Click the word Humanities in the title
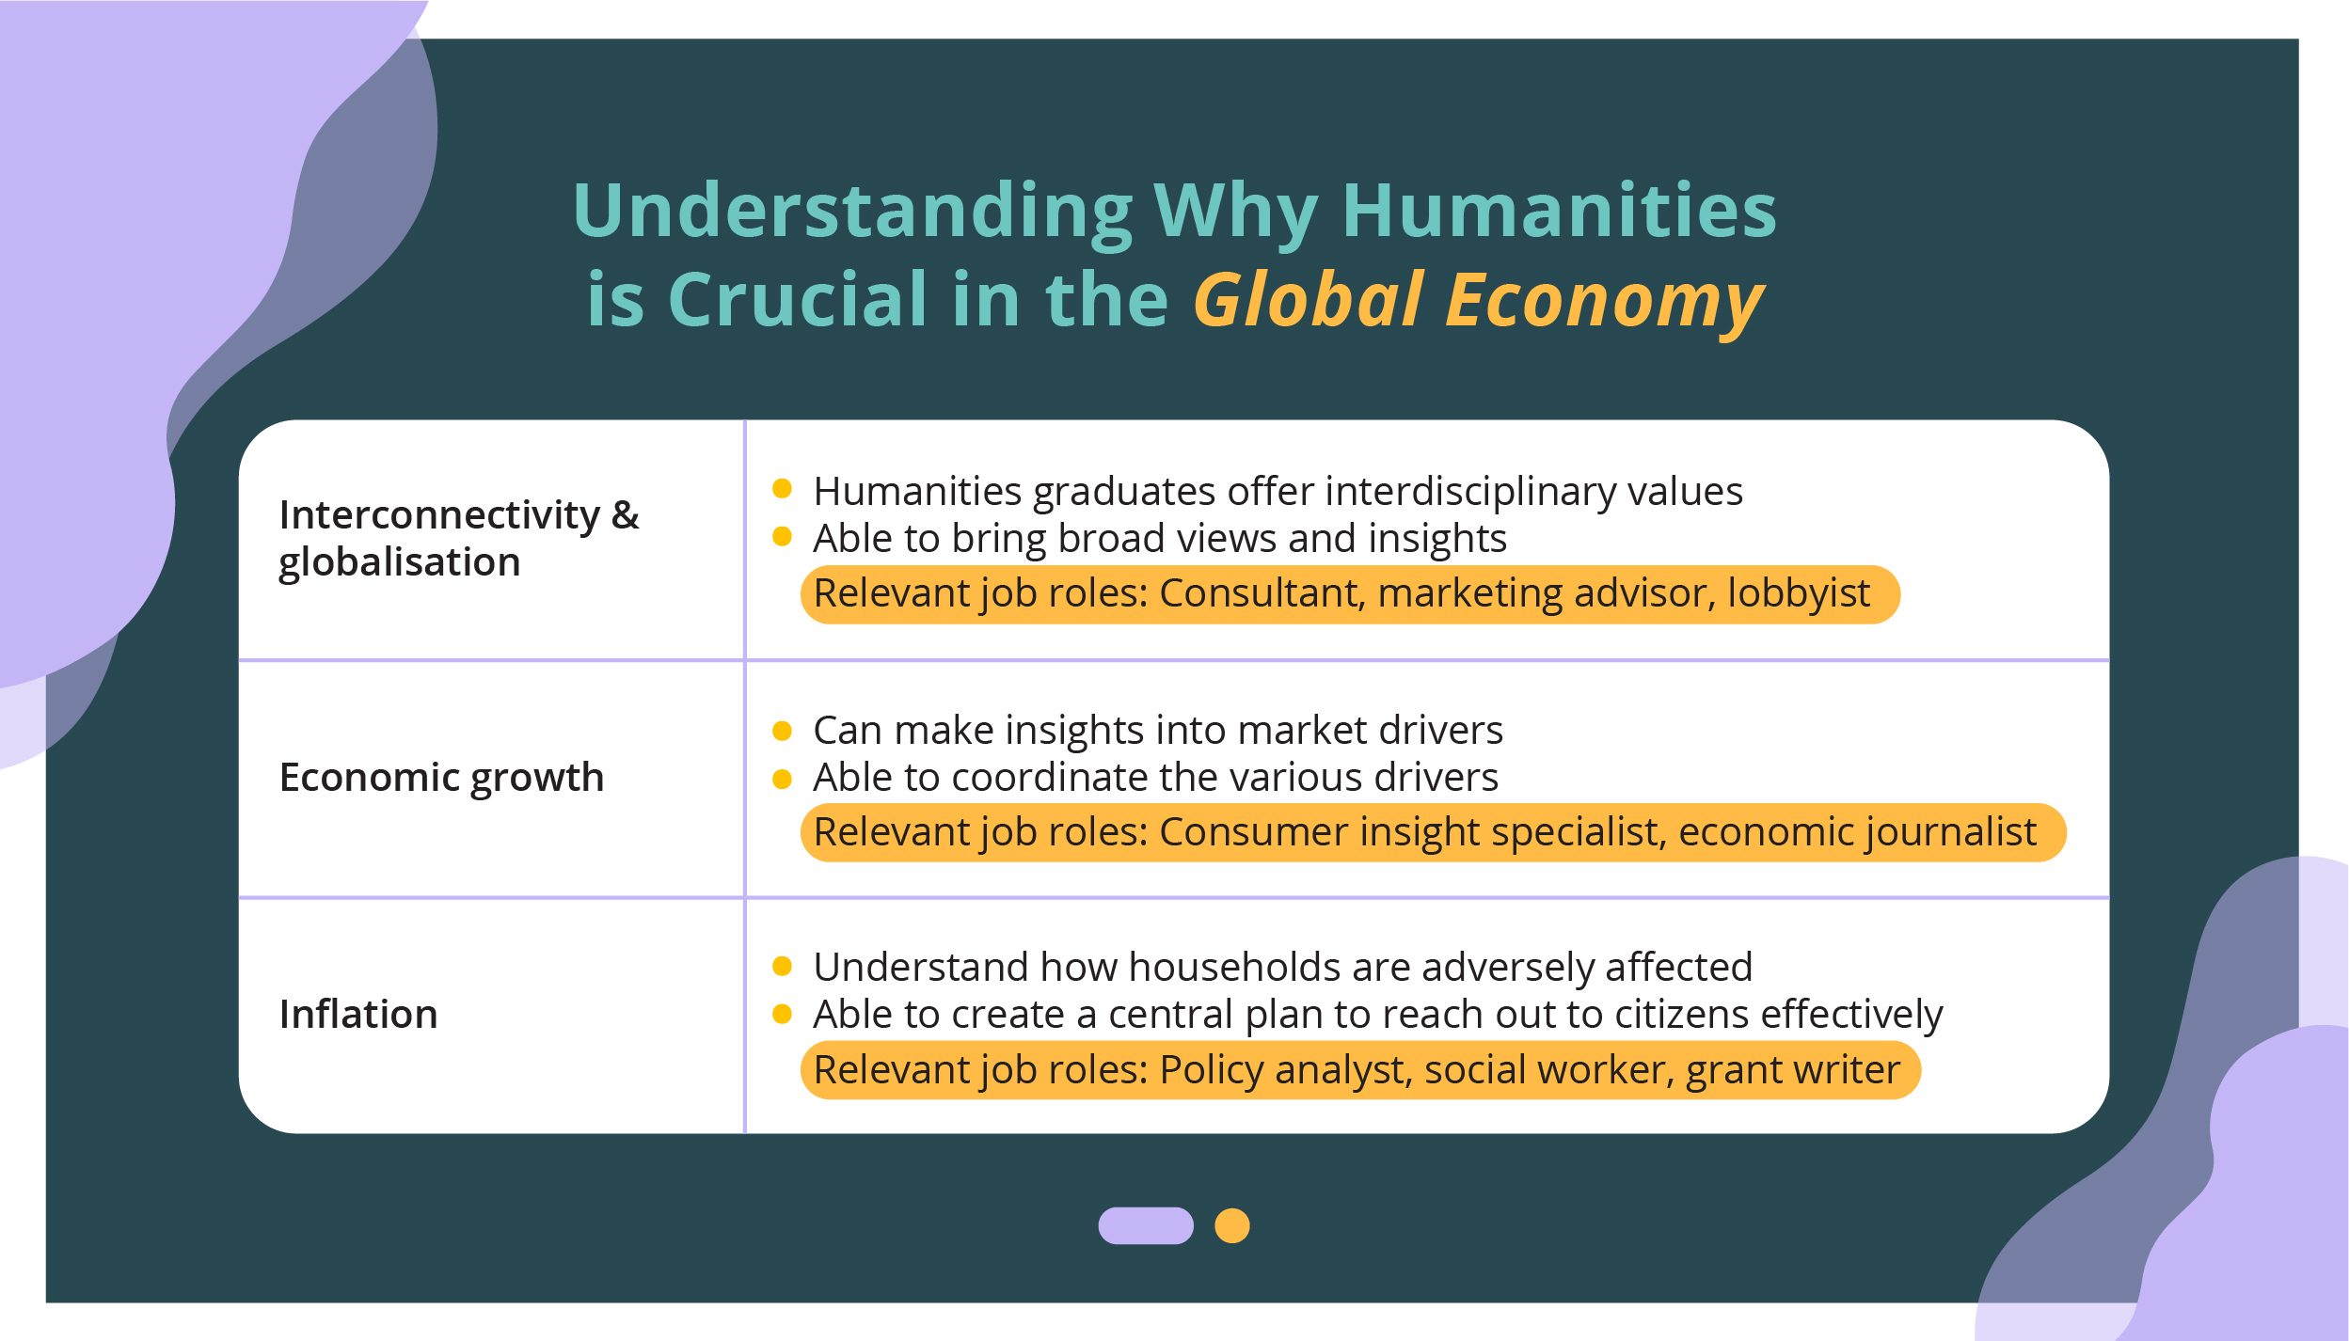coord(1559,211)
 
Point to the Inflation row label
coord(358,1015)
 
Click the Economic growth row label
coord(441,779)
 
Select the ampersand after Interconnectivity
coord(625,514)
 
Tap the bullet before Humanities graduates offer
coord(782,488)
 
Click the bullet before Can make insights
coord(782,731)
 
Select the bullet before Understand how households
coord(782,966)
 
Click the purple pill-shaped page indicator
coord(1146,1225)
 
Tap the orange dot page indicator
coord(1232,1225)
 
